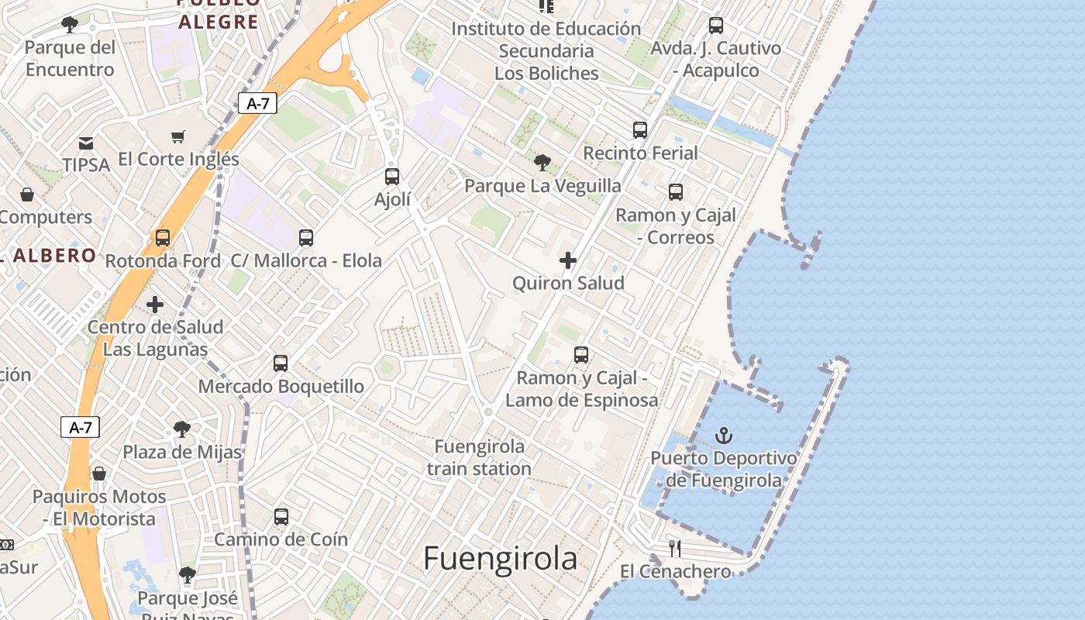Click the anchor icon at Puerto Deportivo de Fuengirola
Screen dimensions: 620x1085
coord(724,436)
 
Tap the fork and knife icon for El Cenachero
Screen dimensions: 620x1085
coord(675,549)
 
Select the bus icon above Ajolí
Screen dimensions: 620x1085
coord(392,177)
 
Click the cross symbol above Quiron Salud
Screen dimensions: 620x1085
coord(568,260)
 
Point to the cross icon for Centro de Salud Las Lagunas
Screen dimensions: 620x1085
coord(155,304)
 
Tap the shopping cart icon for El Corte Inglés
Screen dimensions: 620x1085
coord(178,137)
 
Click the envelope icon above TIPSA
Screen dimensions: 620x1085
coord(86,143)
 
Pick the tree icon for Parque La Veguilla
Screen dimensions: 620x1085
coord(542,163)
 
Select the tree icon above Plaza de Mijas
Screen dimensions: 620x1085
coord(182,429)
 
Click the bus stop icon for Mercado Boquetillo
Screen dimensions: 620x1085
coord(281,363)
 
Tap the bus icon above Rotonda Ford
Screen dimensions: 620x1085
coord(163,238)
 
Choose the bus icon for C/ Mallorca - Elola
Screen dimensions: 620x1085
coord(306,238)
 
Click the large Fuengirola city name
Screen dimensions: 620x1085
coord(501,558)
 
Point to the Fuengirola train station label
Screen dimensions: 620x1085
coord(479,457)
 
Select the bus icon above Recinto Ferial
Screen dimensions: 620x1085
coord(640,130)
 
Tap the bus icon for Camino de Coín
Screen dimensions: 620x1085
coord(281,516)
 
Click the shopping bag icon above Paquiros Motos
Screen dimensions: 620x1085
coord(99,474)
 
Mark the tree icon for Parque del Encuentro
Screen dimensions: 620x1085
coord(70,25)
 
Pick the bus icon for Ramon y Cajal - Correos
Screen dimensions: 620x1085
coord(676,192)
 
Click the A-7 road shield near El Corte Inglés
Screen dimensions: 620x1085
coord(257,103)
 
